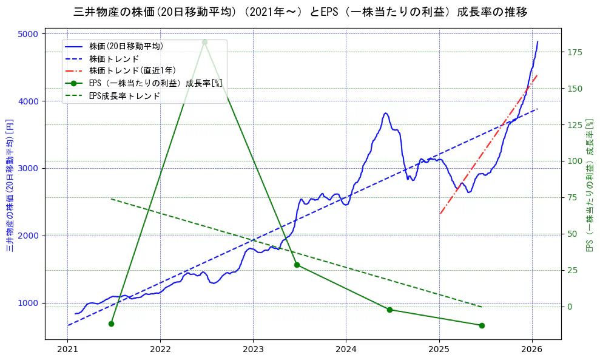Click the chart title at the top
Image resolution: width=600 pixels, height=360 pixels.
tap(300, 12)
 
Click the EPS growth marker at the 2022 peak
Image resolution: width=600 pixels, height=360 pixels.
tap(204, 42)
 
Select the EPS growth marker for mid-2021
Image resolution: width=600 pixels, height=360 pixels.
tap(111, 324)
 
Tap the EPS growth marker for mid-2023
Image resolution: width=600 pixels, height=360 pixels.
tap(297, 265)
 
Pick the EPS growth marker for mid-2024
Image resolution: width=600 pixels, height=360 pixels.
tap(389, 310)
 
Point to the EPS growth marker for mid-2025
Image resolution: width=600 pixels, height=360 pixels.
tap(482, 325)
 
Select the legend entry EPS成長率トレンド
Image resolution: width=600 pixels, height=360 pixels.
tap(124, 96)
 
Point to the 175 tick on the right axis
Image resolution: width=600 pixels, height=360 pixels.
tap(574, 52)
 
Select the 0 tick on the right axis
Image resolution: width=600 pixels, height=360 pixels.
tap(568, 307)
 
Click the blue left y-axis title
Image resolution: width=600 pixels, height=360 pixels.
tap(10, 185)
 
